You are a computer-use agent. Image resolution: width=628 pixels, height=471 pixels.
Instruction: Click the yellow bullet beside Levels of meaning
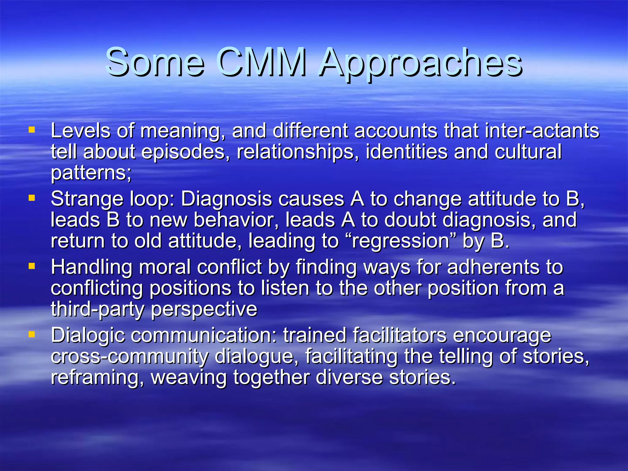32,130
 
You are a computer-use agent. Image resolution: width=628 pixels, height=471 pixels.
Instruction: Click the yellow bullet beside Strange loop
32,198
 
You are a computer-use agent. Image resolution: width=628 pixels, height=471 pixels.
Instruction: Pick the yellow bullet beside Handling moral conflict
32,266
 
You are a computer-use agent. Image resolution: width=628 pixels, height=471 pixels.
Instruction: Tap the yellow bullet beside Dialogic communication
32,334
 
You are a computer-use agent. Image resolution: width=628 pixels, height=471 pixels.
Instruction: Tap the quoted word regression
401,241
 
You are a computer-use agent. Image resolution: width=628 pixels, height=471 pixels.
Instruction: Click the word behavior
236,220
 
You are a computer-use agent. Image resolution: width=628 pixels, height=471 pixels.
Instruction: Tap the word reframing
97,378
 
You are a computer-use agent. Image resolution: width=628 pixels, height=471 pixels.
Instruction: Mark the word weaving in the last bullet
189,378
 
